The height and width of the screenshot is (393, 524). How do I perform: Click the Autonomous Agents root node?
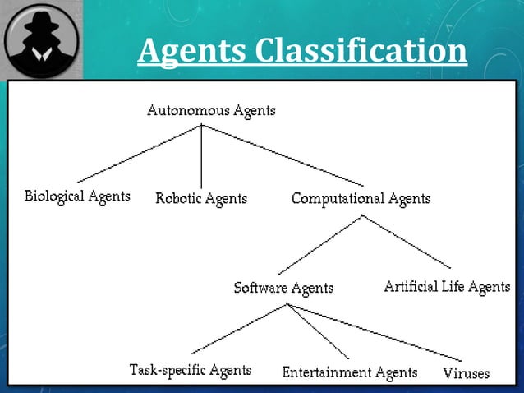point(211,110)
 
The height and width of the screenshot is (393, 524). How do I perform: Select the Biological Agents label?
point(77,196)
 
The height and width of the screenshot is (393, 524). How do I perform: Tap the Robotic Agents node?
point(201,198)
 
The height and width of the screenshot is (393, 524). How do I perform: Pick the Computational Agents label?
point(361,198)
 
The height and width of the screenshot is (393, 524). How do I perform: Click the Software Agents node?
point(283,288)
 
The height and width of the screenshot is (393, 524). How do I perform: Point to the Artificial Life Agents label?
point(447,287)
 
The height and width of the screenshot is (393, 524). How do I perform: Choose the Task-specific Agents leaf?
point(191,370)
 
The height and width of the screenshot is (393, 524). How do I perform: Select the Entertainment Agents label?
point(349,372)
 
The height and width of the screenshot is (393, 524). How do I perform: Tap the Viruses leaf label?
point(467,373)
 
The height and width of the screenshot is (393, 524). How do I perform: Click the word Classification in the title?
point(361,51)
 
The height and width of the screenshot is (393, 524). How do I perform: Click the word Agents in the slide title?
point(191,51)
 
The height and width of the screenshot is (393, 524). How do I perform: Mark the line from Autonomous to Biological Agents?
point(140,154)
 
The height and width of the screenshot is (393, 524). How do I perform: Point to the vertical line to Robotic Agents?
point(202,156)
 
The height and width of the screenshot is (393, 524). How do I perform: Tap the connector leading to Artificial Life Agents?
point(407,242)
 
